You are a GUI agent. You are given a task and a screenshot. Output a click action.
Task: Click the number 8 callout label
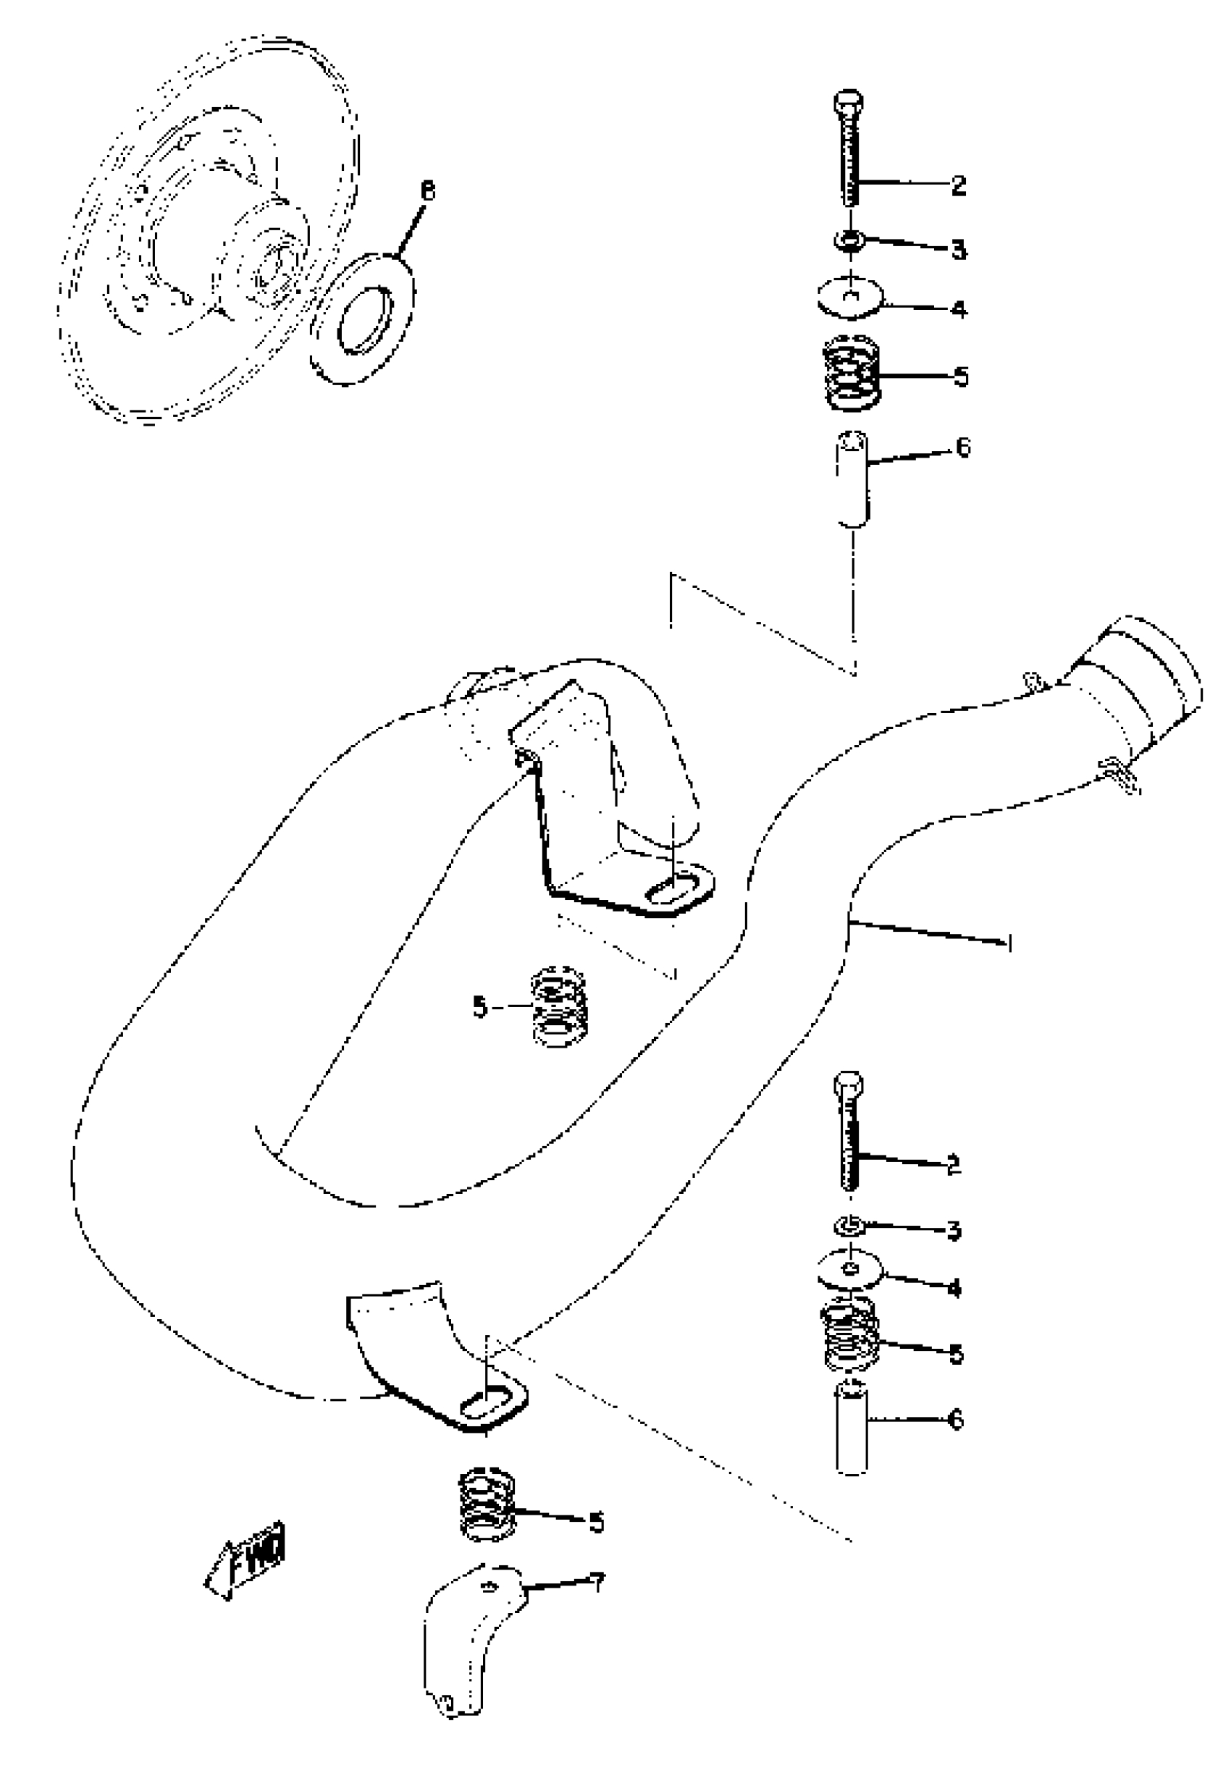click(427, 190)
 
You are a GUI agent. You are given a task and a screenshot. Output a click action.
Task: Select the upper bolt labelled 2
click(848, 150)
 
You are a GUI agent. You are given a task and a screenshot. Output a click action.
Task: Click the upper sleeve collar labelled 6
click(852, 480)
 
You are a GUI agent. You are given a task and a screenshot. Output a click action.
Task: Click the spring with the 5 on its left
click(558, 1006)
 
